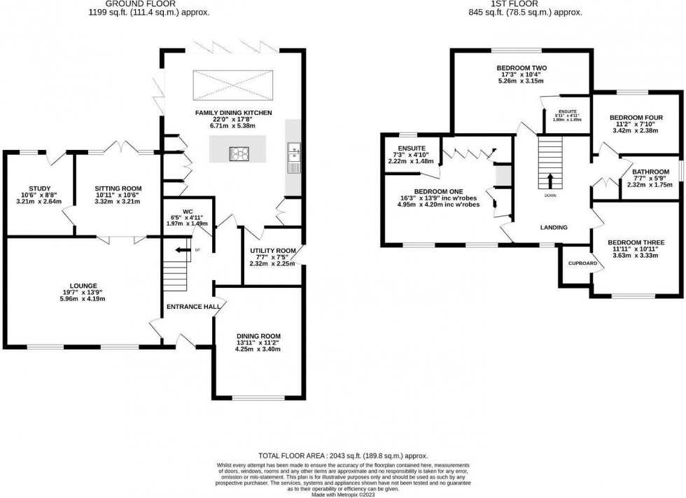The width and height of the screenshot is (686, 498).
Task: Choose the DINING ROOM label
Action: (258, 335)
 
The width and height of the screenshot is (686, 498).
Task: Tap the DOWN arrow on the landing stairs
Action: (549, 181)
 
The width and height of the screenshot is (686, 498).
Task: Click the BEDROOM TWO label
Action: (521, 68)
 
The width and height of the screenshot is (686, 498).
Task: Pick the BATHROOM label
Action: (651, 171)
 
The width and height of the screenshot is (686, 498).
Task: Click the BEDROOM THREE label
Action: (636, 242)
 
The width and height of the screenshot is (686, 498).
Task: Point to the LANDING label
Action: (553, 227)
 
